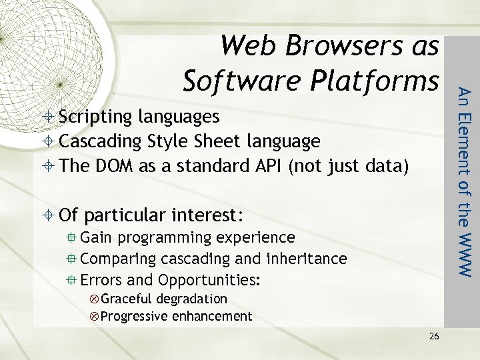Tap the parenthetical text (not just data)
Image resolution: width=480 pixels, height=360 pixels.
pos(347,165)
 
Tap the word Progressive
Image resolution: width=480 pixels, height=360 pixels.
pos(132,316)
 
